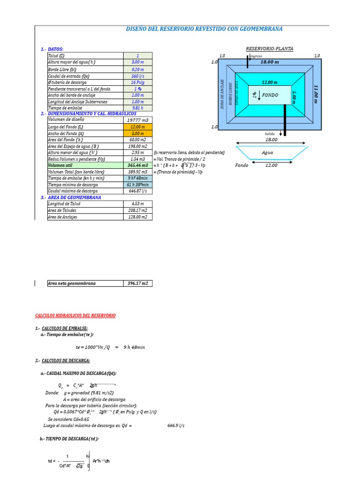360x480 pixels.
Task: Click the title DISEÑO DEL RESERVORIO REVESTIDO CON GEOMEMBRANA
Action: point(204,29)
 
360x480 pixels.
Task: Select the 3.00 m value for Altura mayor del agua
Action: point(138,62)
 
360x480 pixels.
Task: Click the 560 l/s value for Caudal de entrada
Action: point(138,76)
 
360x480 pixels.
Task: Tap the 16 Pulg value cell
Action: point(138,82)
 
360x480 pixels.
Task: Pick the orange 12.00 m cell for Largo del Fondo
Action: point(138,127)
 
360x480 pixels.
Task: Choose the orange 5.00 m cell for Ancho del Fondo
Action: point(138,133)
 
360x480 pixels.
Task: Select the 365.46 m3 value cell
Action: point(138,165)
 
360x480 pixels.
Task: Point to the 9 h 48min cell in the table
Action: point(138,178)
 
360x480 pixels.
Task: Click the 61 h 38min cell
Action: point(138,185)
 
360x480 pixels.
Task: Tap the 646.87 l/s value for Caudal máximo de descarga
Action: point(138,191)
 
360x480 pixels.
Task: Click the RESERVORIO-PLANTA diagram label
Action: point(270,49)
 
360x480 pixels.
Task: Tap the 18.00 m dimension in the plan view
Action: point(270,61)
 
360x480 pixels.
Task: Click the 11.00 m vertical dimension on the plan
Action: point(315,95)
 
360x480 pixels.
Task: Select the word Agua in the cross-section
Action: point(267,152)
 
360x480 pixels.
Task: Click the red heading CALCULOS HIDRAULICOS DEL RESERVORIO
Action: point(75,315)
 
